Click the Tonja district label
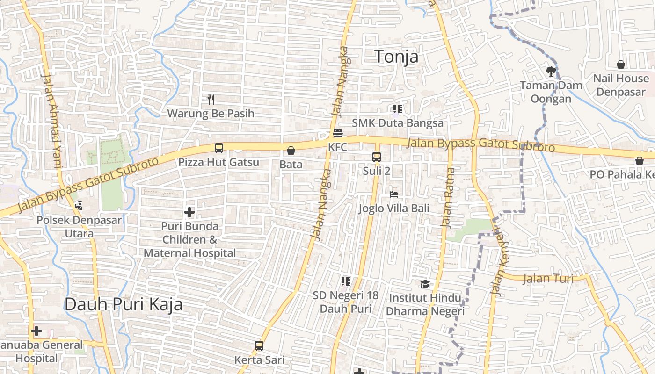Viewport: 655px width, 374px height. pyautogui.click(x=397, y=57)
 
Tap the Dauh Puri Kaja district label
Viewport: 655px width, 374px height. pyautogui.click(x=124, y=304)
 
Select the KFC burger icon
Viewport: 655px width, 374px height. pyautogui.click(x=338, y=133)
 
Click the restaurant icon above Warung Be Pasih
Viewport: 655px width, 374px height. pyautogui.click(x=211, y=99)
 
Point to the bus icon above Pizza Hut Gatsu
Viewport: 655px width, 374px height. pyautogui.click(x=218, y=148)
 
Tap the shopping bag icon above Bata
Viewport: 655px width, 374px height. pyautogui.click(x=291, y=151)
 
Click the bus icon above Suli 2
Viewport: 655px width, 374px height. pyautogui.click(x=377, y=157)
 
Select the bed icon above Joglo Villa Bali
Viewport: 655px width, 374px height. pyautogui.click(x=394, y=194)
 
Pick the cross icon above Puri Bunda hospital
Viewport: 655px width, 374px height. pyautogui.click(x=189, y=213)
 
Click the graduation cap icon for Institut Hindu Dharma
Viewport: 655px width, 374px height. pyautogui.click(x=425, y=284)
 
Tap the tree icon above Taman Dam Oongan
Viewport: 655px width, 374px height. pyautogui.click(x=551, y=71)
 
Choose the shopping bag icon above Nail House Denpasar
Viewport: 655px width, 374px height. pyautogui.click(x=621, y=65)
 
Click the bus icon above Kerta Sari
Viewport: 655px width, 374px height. pyautogui.click(x=259, y=346)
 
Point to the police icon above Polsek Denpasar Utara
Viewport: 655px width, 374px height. pyautogui.click(x=79, y=206)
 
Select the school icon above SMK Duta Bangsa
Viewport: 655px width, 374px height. pyautogui.click(x=398, y=109)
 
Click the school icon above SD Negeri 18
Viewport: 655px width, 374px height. pyautogui.click(x=346, y=281)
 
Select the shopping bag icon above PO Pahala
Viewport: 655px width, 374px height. pyautogui.click(x=640, y=161)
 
